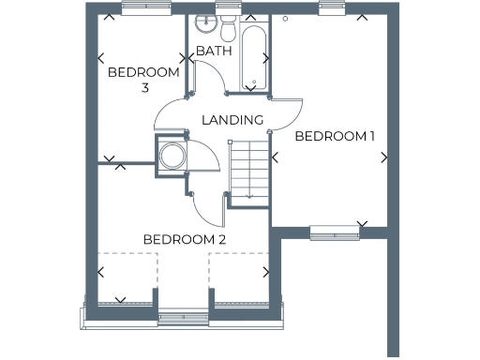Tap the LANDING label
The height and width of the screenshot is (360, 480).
click(x=232, y=119)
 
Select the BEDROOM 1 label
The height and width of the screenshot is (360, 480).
click(x=335, y=136)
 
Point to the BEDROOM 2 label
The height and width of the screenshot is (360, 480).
click(x=185, y=239)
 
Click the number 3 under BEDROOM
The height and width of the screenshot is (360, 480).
click(x=145, y=88)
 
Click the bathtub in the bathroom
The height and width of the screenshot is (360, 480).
click(x=252, y=57)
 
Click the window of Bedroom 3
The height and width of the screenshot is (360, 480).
click(x=145, y=7)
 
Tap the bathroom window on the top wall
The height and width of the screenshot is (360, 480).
click(x=227, y=7)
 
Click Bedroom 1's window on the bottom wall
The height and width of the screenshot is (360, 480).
click(x=335, y=232)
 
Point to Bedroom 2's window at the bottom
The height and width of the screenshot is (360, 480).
click(x=183, y=318)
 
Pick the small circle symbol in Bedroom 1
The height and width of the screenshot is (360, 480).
click(x=283, y=18)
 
